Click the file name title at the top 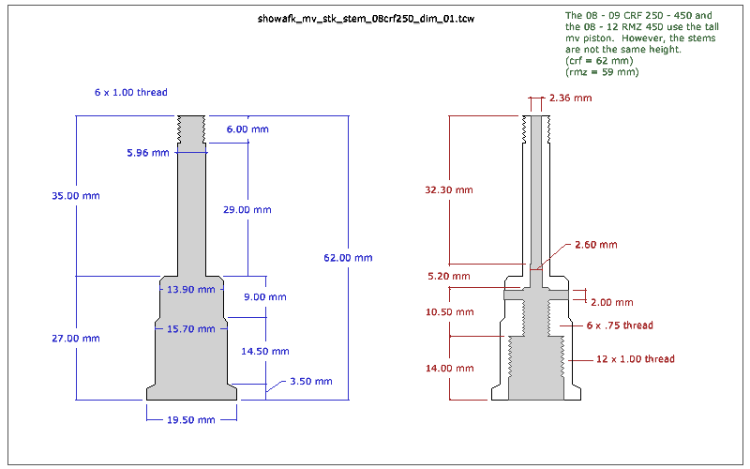pyautogui.click(x=366, y=18)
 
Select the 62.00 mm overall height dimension pyautogui.click(x=348, y=258)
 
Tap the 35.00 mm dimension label pyautogui.click(x=75, y=196)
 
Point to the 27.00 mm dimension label pyautogui.click(x=75, y=339)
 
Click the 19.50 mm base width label pyautogui.click(x=191, y=419)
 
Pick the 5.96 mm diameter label pyautogui.click(x=149, y=152)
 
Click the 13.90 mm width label pyautogui.click(x=190, y=290)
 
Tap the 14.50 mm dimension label pyautogui.click(x=266, y=352)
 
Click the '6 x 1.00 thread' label pyautogui.click(x=130, y=93)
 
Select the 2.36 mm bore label pyautogui.click(x=571, y=98)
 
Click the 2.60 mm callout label pyautogui.click(x=595, y=244)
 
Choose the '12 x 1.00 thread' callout pyautogui.click(x=636, y=358)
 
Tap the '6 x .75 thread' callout pyautogui.click(x=620, y=325)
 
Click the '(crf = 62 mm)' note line pyautogui.click(x=602, y=61)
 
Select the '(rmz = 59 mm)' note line pyautogui.click(x=602, y=72)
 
